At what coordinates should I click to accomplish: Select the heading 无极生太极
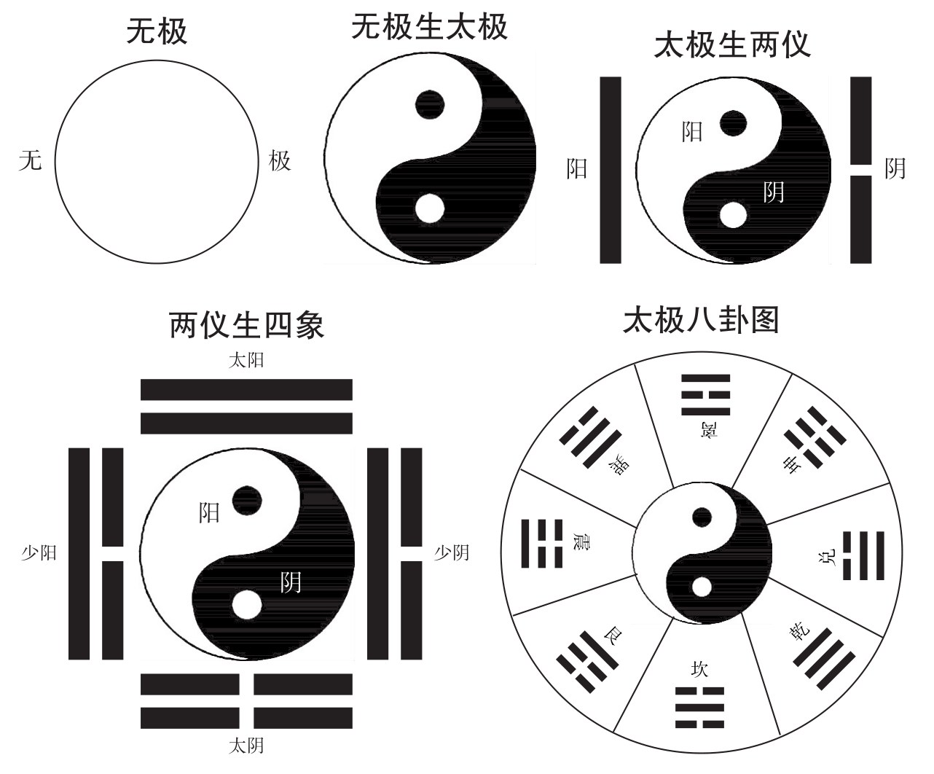click(429, 28)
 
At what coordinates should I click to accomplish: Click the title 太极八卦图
click(701, 320)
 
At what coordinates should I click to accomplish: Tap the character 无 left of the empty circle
click(30, 160)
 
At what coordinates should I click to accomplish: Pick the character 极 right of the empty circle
click(280, 160)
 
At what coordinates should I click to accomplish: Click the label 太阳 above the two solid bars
click(246, 360)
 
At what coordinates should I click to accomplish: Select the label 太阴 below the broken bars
click(246, 746)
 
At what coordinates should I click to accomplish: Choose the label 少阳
click(39, 553)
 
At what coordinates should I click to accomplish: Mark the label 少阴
click(452, 553)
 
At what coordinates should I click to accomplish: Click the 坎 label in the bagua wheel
click(699, 669)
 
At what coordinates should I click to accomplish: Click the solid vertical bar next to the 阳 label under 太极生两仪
click(611, 169)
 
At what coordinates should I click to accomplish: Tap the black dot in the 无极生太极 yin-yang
click(429, 103)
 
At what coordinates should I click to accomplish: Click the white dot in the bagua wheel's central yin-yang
click(702, 587)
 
